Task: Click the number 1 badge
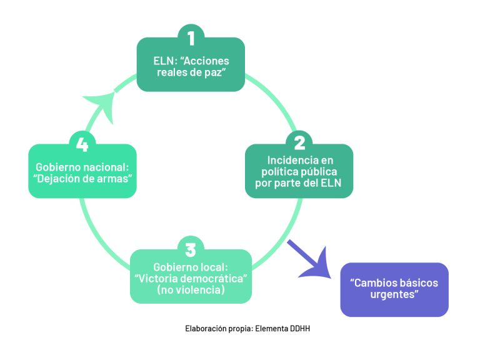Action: click(x=191, y=37)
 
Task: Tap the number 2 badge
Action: click(x=299, y=143)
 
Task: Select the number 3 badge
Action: click(x=191, y=249)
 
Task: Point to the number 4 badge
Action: click(x=82, y=144)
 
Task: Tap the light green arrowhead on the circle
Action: click(x=101, y=106)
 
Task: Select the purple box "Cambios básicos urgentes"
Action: click(x=394, y=289)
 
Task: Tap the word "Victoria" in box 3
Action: click(x=156, y=279)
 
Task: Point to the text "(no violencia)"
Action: click(x=191, y=290)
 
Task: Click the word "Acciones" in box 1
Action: click(x=204, y=61)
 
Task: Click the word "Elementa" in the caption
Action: click(x=271, y=329)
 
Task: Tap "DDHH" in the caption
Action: click(x=300, y=329)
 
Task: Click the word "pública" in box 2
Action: click(x=319, y=172)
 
